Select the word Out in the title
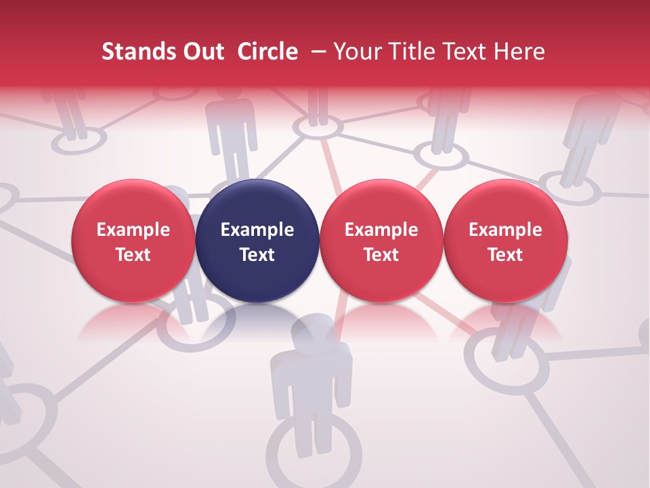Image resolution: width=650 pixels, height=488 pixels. [x=204, y=52]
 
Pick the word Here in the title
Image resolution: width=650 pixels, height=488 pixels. [x=519, y=52]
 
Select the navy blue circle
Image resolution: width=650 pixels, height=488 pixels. [x=257, y=241]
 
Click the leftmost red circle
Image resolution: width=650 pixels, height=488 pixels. [x=133, y=241]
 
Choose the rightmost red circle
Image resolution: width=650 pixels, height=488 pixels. [x=505, y=241]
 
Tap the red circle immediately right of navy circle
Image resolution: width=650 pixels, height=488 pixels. [x=381, y=241]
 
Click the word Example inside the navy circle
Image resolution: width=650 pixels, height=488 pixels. [x=257, y=230]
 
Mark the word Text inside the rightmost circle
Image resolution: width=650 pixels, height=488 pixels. [x=505, y=255]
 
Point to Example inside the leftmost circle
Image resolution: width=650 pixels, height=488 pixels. [x=133, y=230]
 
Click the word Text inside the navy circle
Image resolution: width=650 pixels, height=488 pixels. [x=257, y=255]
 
